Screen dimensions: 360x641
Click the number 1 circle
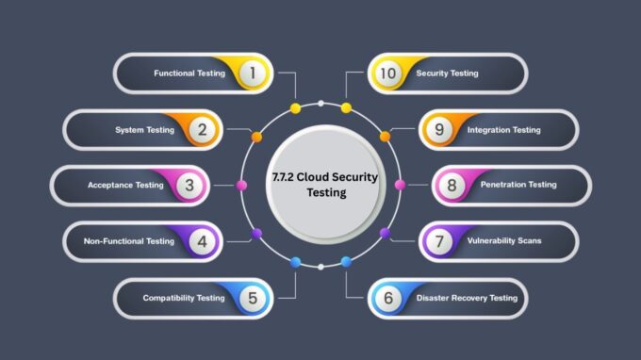pyautogui.click(x=251, y=73)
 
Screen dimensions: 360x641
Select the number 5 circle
pyautogui.click(x=251, y=298)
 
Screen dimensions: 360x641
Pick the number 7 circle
pyautogui.click(x=439, y=241)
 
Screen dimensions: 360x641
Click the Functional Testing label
pyautogui.click(x=189, y=73)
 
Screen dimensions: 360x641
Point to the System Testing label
pyautogui.click(x=144, y=129)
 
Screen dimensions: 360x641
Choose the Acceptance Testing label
pyautogui.click(x=125, y=185)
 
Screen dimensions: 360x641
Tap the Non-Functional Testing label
pyautogui.click(x=129, y=241)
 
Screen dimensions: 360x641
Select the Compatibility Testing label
pyautogui.click(x=184, y=298)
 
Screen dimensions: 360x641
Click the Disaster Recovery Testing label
pyautogui.click(x=467, y=298)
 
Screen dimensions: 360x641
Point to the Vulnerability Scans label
pyautogui.click(x=504, y=241)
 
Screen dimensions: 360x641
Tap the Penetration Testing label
pyautogui.click(x=518, y=185)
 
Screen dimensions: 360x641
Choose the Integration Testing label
pyautogui.click(x=504, y=129)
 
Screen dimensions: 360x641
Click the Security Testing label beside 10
pyautogui.click(x=448, y=73)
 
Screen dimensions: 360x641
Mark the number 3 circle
pyautogui.click(x=189, y=185)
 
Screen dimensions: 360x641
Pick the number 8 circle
pyautogui.click(x=452, y=185)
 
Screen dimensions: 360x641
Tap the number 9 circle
pyautogui.click(x=439, y=129)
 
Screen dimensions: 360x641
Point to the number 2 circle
pyautogui.click(x=200, y=129)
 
